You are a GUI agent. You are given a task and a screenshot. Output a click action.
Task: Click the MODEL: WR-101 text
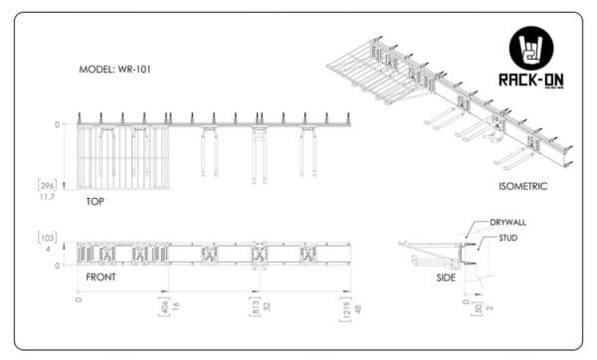(114, 71)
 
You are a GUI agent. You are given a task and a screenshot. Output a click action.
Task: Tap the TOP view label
(95, 201)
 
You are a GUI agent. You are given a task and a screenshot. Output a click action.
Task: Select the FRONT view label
(100, 277)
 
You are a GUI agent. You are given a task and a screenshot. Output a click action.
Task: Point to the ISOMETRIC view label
(523, 186)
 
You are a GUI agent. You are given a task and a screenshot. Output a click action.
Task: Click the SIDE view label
(447, 277)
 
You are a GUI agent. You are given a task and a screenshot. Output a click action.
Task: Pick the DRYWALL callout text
(509, 222)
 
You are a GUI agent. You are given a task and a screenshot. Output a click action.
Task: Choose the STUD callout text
(507, 238)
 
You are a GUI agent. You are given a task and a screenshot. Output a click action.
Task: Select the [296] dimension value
(46, 185)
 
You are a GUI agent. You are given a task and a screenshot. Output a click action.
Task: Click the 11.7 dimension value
(47, 197)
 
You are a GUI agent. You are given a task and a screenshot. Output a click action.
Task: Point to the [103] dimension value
(46, 238)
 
